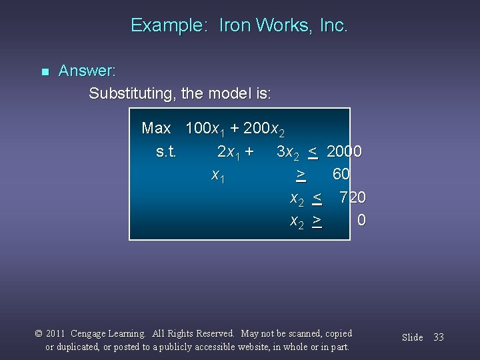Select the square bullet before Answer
[x=45, y=71]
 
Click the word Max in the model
[x=156, y=128]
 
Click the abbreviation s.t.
[x=166, y=151]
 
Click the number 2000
[x=344, y=151]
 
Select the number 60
[x=341, y=174]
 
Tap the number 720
[x=352, y=197]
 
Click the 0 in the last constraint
[x=361, y=220]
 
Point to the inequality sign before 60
[x=301, y=175]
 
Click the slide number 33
[x=438, y=337]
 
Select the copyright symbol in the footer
[x=39, y=333]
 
